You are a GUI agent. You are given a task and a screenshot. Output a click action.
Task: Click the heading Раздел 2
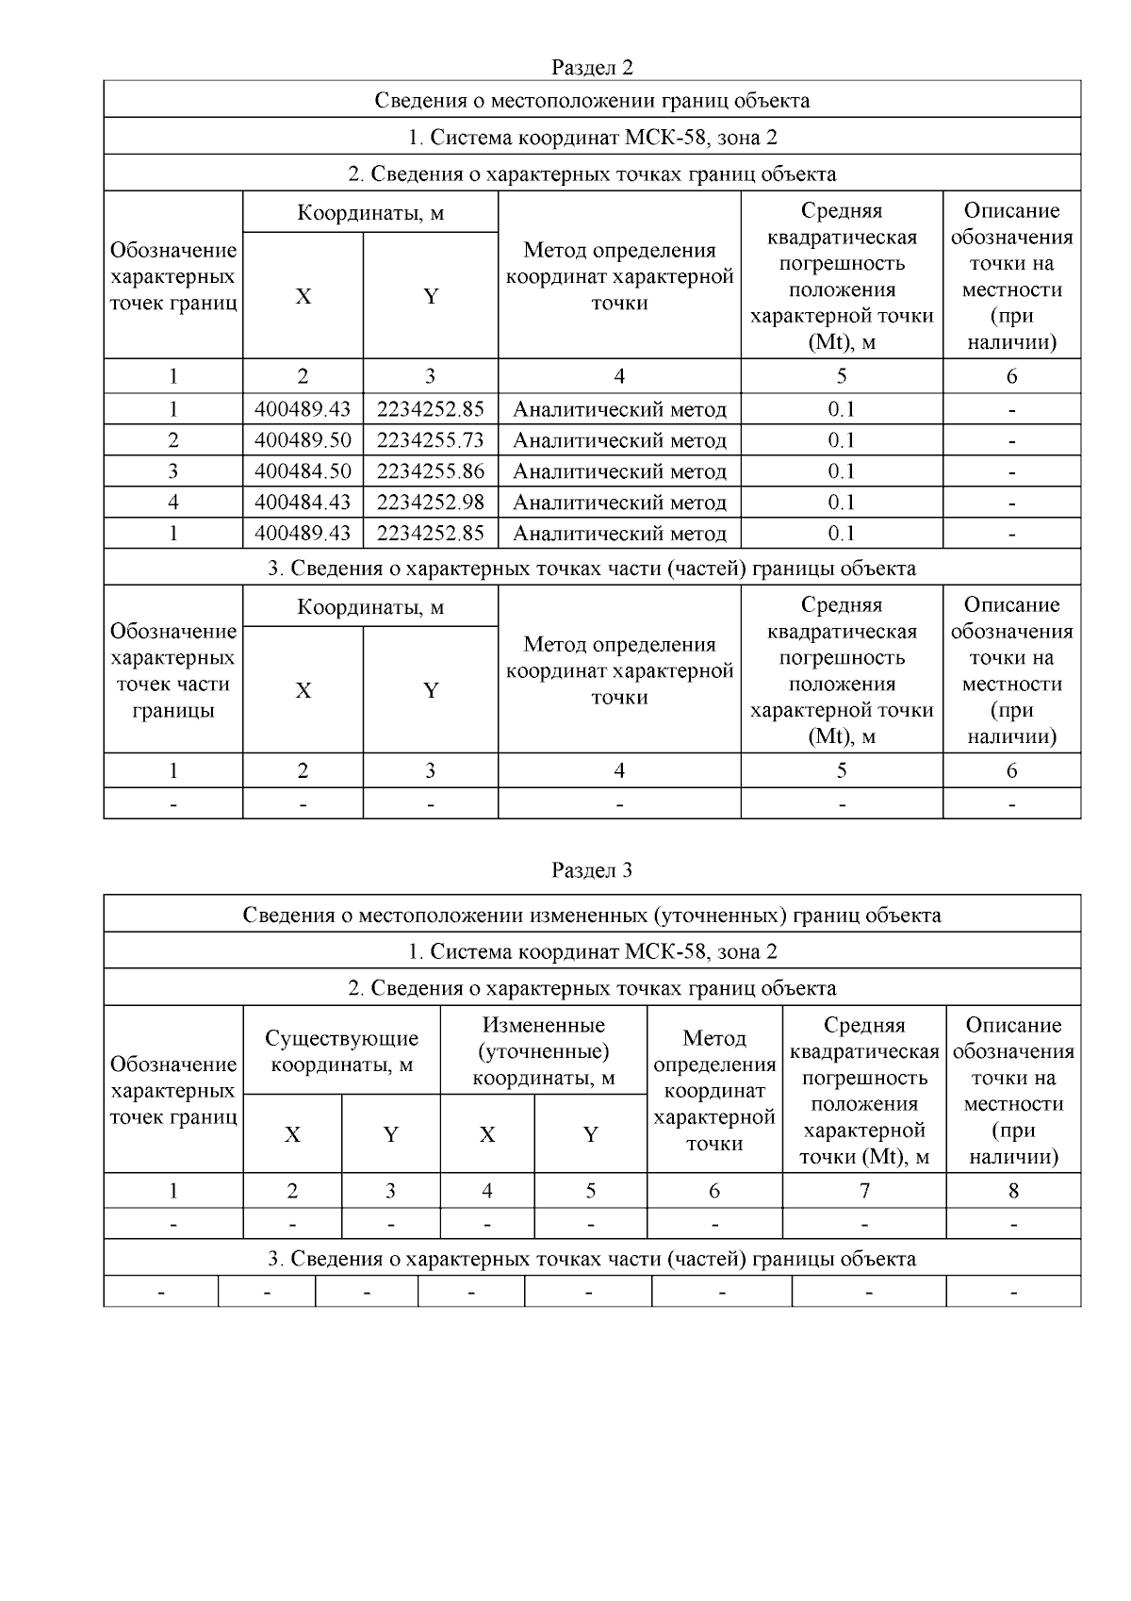click(592, 67)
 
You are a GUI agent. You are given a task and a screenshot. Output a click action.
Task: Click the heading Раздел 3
click(592, 870)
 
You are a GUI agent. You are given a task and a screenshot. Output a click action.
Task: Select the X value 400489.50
click(303, 440)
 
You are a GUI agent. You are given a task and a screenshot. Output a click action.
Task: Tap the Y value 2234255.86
click(431, 471)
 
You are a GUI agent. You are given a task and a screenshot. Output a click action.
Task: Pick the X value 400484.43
click(303, 503)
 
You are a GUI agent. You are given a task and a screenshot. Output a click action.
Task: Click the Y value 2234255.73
click(431, 440)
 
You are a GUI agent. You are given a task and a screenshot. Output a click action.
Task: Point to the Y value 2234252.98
click(431, 503)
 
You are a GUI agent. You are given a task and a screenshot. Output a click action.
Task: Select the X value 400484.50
click(303, 471)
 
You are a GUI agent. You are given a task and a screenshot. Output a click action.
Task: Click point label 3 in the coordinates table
click(173, 471)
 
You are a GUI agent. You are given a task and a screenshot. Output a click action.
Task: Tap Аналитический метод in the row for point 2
click(619, 440)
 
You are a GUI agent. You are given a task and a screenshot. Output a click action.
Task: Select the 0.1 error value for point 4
click(841, 503)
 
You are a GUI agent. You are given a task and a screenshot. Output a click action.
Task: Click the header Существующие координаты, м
click(341, 1051)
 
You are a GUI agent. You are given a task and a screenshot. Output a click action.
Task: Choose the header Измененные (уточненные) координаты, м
click(543, 1051)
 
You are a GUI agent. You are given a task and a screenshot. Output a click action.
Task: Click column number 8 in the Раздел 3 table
click(1013, 1191)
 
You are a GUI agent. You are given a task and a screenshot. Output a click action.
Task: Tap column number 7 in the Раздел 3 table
click(863, 1191)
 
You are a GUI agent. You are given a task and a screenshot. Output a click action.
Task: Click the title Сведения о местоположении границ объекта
click(592, 100)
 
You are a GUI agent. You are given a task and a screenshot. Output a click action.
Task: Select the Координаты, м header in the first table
click(369, 213)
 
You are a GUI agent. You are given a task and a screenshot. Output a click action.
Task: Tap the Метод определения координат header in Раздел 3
click(714, 1091)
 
